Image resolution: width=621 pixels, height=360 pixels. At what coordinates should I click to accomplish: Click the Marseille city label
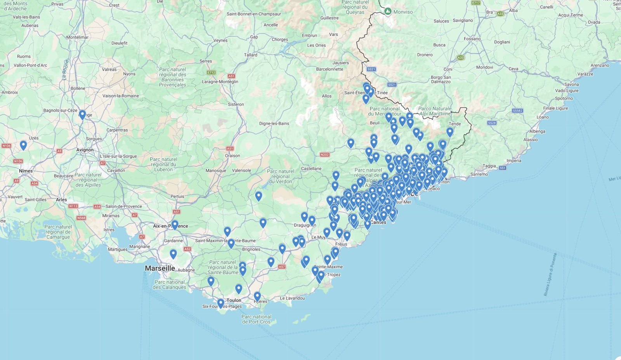coord(160,268)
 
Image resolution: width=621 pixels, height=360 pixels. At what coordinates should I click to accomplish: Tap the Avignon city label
coord(85,150)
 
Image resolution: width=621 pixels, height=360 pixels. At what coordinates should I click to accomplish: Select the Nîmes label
coord(26,171)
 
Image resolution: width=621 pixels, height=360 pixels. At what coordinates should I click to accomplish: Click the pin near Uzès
coord(23,145)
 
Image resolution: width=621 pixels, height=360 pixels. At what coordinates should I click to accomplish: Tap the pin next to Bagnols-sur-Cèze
coord(82,114)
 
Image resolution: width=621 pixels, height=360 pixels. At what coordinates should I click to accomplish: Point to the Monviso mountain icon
coord(388,12)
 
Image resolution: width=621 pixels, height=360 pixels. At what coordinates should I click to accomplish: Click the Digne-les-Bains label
coord(274,123)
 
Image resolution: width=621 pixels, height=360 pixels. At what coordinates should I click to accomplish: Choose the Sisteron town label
coord(236,104)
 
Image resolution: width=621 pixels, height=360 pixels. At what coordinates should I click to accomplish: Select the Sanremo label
coord(479,174)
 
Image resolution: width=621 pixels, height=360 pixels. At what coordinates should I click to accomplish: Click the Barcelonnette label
coord(330,69)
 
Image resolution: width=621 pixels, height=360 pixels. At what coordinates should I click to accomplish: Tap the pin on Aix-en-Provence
coord(175,225)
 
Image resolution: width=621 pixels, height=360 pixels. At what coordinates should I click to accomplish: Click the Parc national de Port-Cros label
coord(256,319)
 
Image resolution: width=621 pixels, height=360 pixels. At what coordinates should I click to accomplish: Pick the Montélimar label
coord(78,37)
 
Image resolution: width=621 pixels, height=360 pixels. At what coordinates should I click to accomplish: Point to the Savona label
coord(571,84)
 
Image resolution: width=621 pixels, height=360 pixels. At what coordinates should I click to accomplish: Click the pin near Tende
coord(449,132)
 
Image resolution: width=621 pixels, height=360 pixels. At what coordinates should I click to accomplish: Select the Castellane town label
coord(311,168)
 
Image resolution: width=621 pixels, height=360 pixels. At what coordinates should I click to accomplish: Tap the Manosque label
coord(216,170)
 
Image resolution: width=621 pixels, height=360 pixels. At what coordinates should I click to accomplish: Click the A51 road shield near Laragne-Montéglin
coord(232,76)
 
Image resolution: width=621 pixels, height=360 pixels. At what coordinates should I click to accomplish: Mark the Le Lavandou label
coord(292,298)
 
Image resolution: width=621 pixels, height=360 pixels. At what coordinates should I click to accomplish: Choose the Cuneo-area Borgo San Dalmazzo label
coord(441,79)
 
